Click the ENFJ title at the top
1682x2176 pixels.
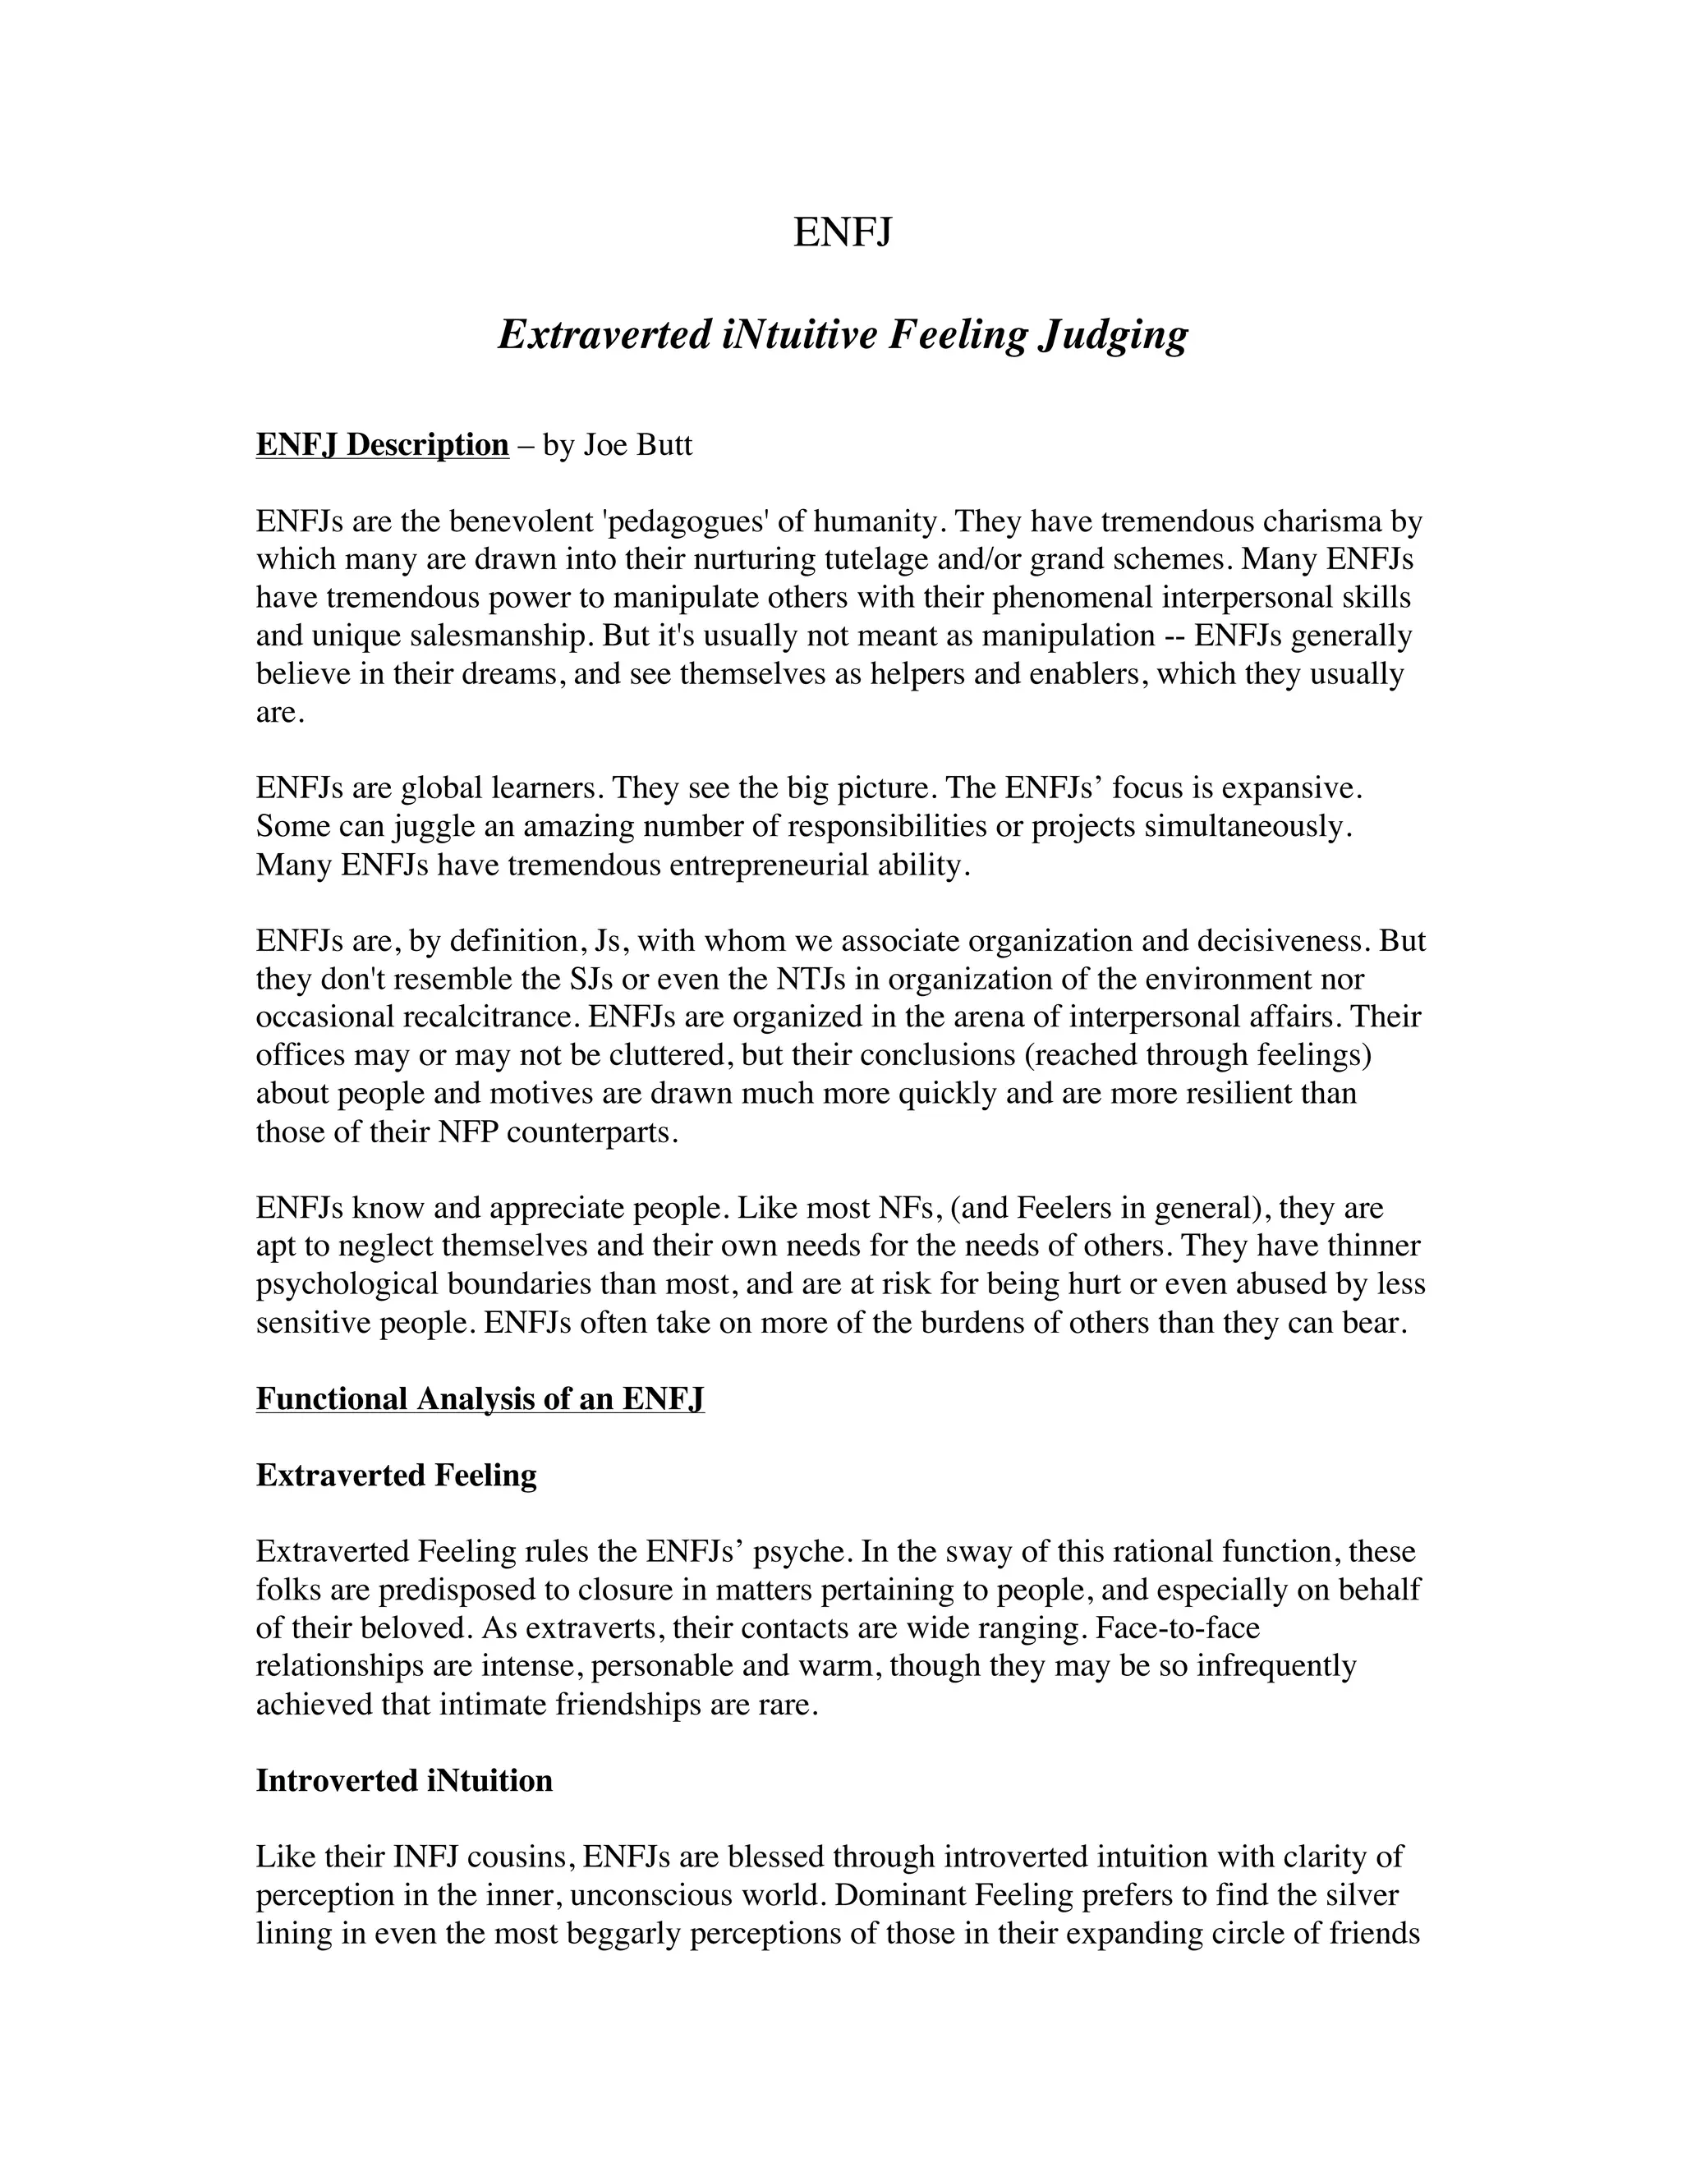(x=842, y=232)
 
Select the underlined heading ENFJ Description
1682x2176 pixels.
(x=383, y=444)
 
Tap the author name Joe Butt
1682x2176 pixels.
(x=636, y=444)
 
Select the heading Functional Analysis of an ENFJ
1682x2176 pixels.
(x=480, y=1399)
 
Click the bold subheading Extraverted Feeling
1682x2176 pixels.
(x=397, y=1476)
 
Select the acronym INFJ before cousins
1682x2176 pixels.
(x=426, y=1857)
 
